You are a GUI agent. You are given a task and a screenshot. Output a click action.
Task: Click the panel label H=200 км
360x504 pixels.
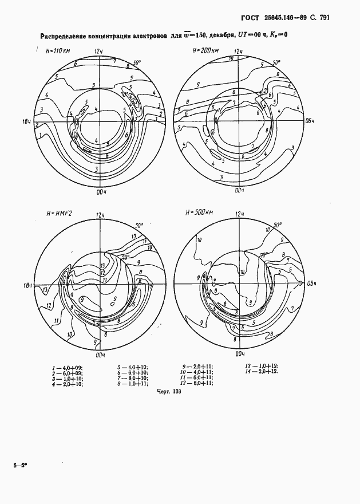coord(205,51)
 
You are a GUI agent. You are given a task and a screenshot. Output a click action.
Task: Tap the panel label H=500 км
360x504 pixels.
coord(199,213)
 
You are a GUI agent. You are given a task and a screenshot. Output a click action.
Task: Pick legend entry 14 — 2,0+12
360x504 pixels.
coord(262,372)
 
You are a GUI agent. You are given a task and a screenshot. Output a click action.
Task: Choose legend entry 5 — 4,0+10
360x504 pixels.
coord(132,366)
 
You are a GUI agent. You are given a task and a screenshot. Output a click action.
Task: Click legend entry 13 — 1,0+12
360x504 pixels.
coord(262,365)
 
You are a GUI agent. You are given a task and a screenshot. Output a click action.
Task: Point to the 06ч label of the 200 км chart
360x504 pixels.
coord(310,121)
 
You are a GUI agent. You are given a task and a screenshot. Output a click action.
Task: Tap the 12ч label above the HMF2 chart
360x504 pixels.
coord(101,214)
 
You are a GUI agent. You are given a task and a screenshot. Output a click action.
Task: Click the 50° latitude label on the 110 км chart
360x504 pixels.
coord(137,64)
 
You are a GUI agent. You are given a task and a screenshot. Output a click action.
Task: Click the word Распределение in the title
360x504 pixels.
coord(66,36)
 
